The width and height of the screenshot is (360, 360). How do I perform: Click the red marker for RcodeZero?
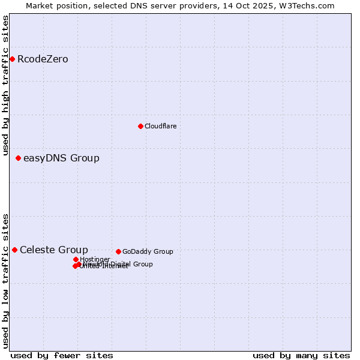coord(12,59)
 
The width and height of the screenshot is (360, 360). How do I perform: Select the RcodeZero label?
coord(43,59)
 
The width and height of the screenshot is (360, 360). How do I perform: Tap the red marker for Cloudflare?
coord(140,126)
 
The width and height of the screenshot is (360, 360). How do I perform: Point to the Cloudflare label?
coord(160,126)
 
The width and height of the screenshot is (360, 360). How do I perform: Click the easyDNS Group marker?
coord(18,158)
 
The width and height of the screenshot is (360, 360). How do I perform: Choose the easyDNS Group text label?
coord(61,158)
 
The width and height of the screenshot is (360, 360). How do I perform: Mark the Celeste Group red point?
coord(14,250)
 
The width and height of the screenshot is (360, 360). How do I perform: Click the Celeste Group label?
coord(53,250)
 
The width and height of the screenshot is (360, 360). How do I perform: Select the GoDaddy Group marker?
coord(118,251)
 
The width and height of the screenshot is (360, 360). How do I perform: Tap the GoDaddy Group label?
coord(148,252)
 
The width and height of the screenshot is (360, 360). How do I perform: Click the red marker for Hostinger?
coord(76,259)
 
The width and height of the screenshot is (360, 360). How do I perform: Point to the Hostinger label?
coord(95,259)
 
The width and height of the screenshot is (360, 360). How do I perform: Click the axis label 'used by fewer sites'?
coord(62,355)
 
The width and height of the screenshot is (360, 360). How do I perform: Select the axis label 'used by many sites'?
coord(301,355)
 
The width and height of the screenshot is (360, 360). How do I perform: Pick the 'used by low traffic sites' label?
coord(6,280)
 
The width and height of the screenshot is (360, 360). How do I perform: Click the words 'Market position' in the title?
coord(53,5)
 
